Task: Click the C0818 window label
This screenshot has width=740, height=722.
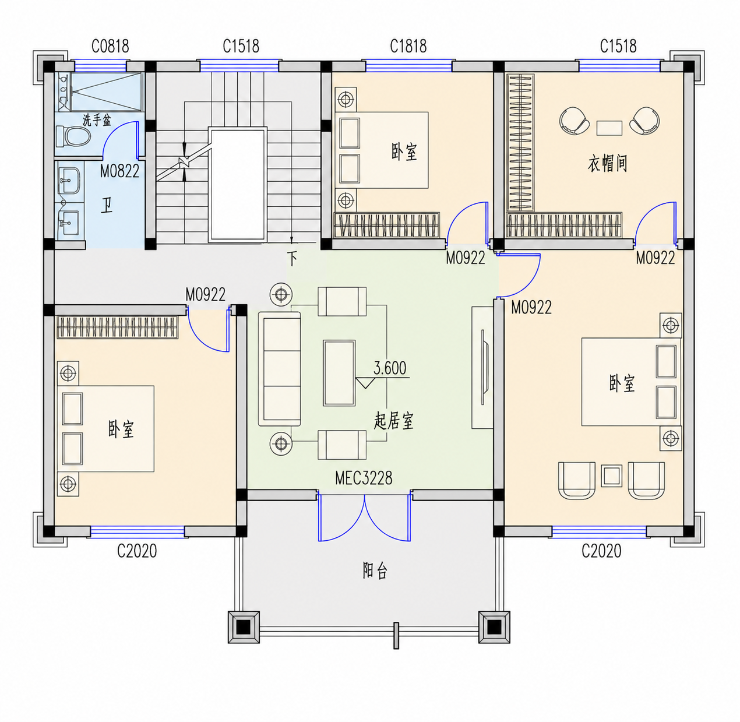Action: click(x=110, y=47)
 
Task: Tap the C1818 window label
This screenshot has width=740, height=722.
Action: click(x=408, y=47)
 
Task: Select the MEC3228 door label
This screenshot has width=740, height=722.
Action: click(x=364, y=478)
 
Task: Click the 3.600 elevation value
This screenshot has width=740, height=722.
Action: click(x=390, y=368)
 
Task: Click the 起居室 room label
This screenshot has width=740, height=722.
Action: click(x=393, y=421)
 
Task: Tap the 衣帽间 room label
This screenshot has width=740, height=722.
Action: click(x=607, y=164)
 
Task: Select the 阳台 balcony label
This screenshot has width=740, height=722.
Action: click(x=375, y=570)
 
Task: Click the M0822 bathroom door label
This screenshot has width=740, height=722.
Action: click(x=120, y=171)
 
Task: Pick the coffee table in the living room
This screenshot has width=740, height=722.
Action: click(x=339, y=373)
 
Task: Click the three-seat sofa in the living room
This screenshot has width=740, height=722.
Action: click(x=280, y=369)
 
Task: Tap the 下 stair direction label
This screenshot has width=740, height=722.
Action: click(x=292, y=259)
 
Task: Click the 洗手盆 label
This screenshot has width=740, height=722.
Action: click(x=97, y=121)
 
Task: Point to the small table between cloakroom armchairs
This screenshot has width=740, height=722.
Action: click(x=609, y=128)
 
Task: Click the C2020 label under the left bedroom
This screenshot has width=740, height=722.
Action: click(x=137, y=551)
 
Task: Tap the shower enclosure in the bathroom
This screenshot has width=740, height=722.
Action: click(x=106, y=92)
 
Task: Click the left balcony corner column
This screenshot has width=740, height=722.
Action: click(x=244, y=627)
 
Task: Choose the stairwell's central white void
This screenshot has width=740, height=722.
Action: click(x=238, y=185)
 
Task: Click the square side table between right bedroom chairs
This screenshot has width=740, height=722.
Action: click(x=611, y=476)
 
